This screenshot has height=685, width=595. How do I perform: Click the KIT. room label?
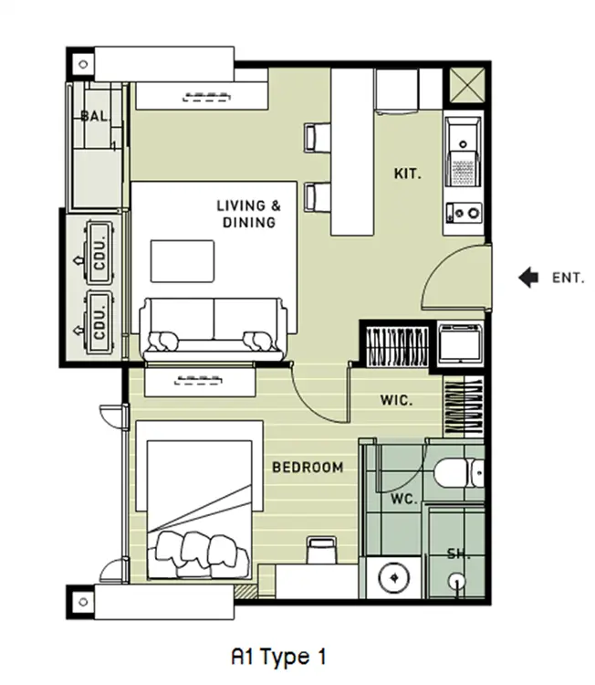click(x=408, y=174)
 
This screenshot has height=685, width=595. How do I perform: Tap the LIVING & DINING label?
click(x=249, y=214)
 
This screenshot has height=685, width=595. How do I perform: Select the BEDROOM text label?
click(x=308, y=468)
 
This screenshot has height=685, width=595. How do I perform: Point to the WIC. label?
click(x=396, y=400)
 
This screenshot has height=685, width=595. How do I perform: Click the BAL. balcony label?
click(x=94, y=116)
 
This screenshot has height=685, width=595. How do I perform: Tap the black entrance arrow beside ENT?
click(x=528, y=278)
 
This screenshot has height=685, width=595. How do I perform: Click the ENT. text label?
click(x=569, y=278)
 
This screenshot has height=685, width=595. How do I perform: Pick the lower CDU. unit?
click(x=100, y=322)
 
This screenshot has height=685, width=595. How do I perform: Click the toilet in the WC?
click(x=459, y=473)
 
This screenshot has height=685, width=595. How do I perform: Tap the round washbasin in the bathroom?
click(x=394, y=578)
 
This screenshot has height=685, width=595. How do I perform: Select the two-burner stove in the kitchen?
click(x=464, y=213)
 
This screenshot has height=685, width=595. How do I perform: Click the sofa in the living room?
click(x=214, y=329)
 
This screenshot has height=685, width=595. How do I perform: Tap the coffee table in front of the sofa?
click(x=183, y=261)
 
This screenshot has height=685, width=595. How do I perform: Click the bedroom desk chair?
click(x=322, y=550)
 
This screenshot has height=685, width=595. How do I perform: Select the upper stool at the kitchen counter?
click(x=318, y=138)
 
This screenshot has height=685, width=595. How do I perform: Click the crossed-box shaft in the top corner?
click(x=467, y=85)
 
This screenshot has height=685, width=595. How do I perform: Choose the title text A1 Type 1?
click(x=278, y=657)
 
